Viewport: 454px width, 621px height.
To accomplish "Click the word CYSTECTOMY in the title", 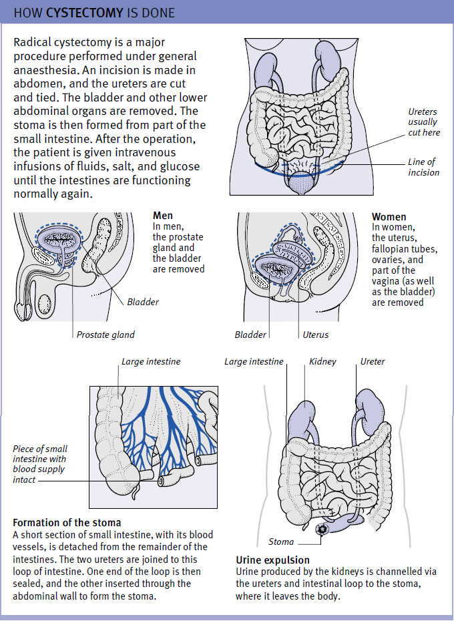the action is point(84,13).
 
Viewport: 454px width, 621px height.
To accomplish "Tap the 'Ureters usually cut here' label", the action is point(424,122).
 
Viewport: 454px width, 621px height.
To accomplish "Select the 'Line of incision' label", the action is point(423,167).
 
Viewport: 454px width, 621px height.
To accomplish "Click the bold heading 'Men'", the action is point(163,216).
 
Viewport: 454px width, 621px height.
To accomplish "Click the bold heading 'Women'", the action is point(389,216).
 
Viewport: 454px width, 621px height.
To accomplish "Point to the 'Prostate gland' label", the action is point(105,335).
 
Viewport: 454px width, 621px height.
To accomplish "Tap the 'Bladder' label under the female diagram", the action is point(250,335).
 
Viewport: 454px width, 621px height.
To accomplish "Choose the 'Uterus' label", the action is point(316,335).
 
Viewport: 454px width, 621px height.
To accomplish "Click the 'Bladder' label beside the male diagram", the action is point(143,302).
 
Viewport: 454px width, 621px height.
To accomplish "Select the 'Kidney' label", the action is point(322,361).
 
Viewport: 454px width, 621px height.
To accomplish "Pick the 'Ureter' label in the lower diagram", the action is point(373,361).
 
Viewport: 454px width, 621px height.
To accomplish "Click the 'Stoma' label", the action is point(281,542).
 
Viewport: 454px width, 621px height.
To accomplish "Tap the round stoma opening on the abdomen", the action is point(322,529).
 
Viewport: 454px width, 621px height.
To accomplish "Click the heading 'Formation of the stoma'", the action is point(67,522).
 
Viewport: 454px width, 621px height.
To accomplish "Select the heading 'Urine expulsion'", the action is point(272,560).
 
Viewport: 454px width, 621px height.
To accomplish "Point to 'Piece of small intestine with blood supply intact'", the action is point(39,464).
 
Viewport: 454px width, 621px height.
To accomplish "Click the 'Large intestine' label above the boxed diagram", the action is point(150,361).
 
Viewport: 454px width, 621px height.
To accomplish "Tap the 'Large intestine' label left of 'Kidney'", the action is point(254,361).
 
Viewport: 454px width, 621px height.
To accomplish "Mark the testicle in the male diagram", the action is point(44,305).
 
